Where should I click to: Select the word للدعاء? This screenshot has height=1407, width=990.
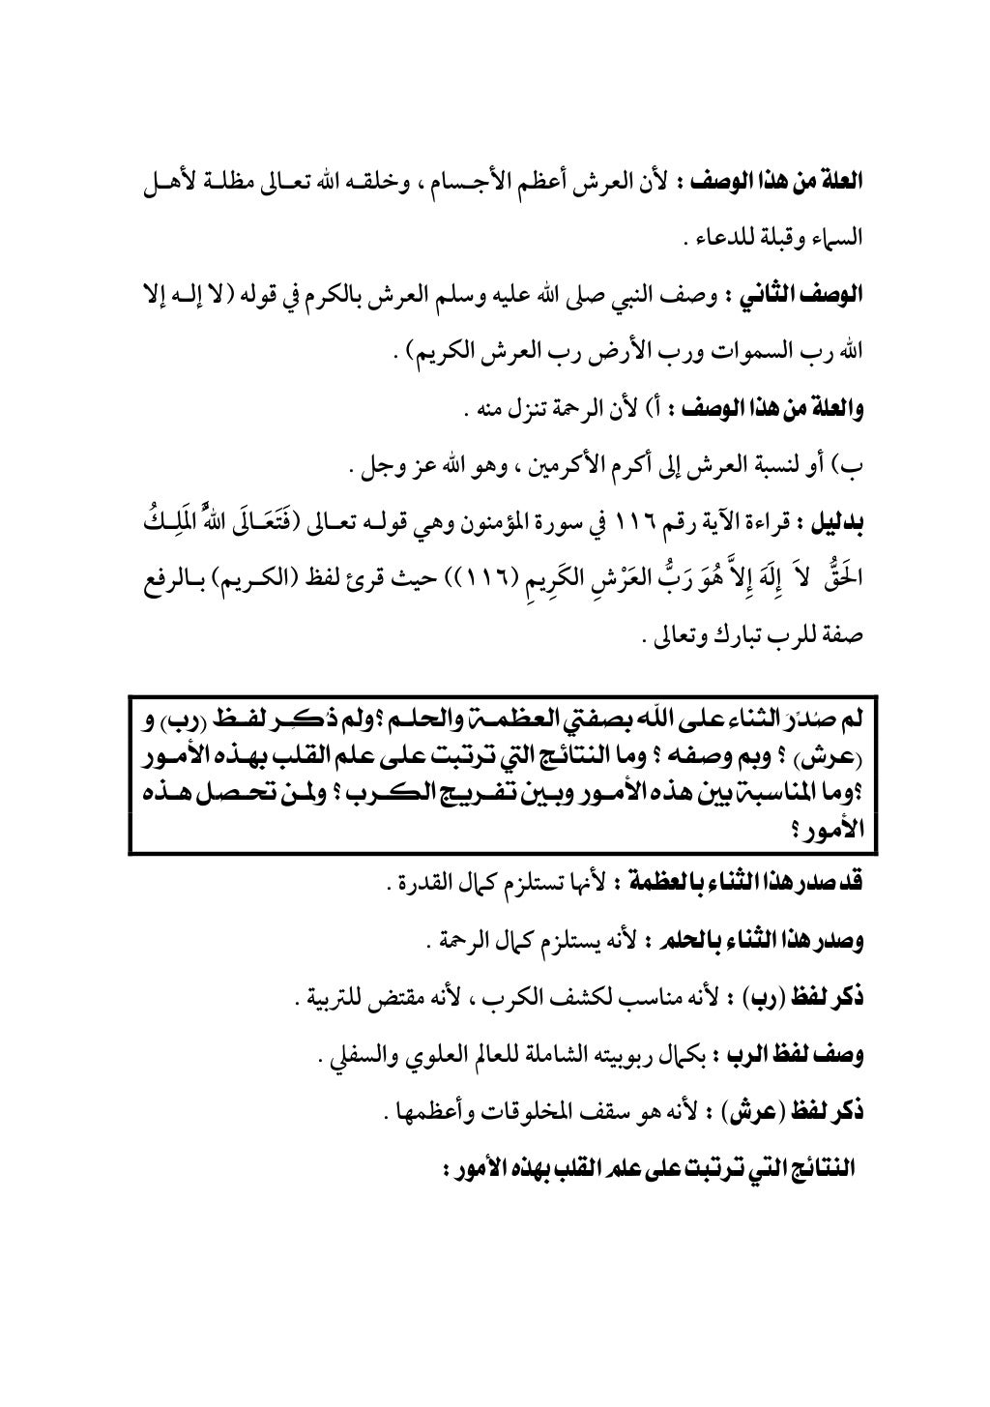point(729,235)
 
